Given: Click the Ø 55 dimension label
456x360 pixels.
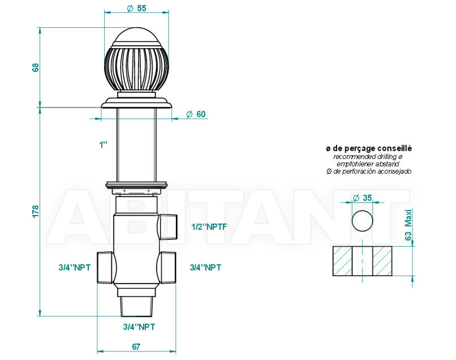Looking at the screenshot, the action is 137,8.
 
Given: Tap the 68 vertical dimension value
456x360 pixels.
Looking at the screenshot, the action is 35,67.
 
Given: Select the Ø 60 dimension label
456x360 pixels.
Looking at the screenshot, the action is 196,114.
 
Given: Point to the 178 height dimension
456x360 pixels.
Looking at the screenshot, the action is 35,212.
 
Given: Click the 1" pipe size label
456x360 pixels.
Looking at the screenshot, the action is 103,145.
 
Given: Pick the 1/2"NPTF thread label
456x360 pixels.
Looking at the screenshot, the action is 209,227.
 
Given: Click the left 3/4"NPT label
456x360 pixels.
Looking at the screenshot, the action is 75,268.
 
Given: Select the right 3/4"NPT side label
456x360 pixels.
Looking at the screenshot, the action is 205,268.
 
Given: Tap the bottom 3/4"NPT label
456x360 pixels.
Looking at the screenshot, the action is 139,327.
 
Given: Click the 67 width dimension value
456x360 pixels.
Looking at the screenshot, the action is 136,346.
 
